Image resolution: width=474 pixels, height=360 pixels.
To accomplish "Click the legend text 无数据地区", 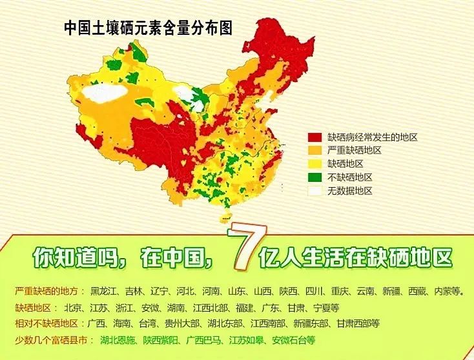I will (x=350, y=191).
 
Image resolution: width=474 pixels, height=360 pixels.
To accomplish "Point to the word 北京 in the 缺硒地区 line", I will (x=75, y=307).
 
